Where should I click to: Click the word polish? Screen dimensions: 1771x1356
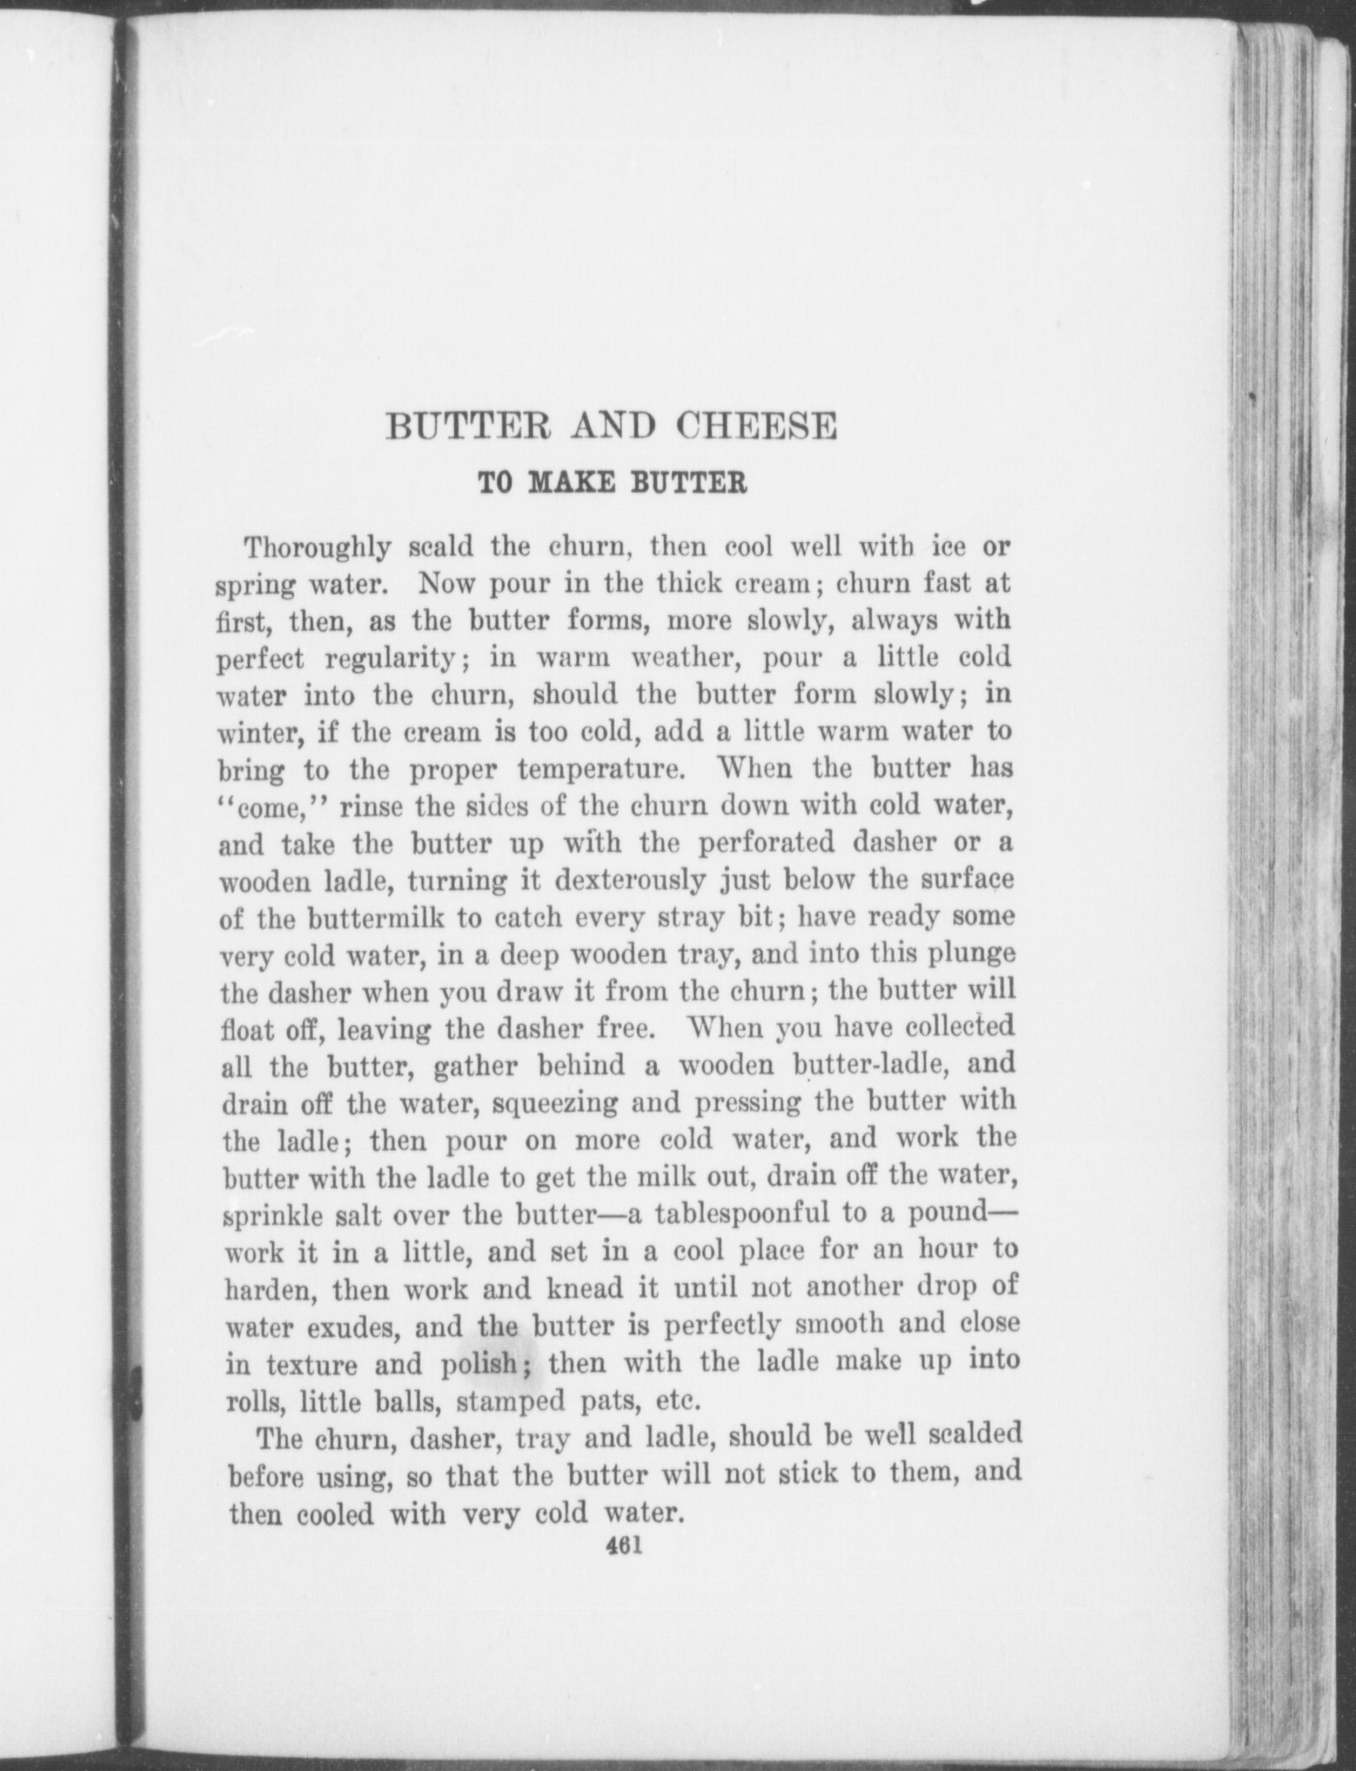click(479, 1363)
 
